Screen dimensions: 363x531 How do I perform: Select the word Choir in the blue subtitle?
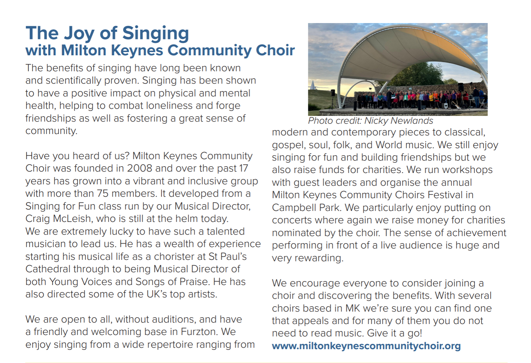point(275,50)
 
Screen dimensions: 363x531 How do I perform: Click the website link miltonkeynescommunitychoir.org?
point(366,346)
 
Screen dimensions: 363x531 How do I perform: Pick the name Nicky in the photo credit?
point(376,121)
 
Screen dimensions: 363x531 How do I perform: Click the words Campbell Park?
point(306,208)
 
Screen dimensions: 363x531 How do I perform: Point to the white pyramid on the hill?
point(312,85)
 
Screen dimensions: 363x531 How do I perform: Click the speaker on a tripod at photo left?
point(333,93)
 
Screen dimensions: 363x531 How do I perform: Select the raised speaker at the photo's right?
point(460,87)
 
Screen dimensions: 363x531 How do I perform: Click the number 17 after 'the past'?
point(243,168)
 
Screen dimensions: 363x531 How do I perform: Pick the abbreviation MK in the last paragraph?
point(352,308)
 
